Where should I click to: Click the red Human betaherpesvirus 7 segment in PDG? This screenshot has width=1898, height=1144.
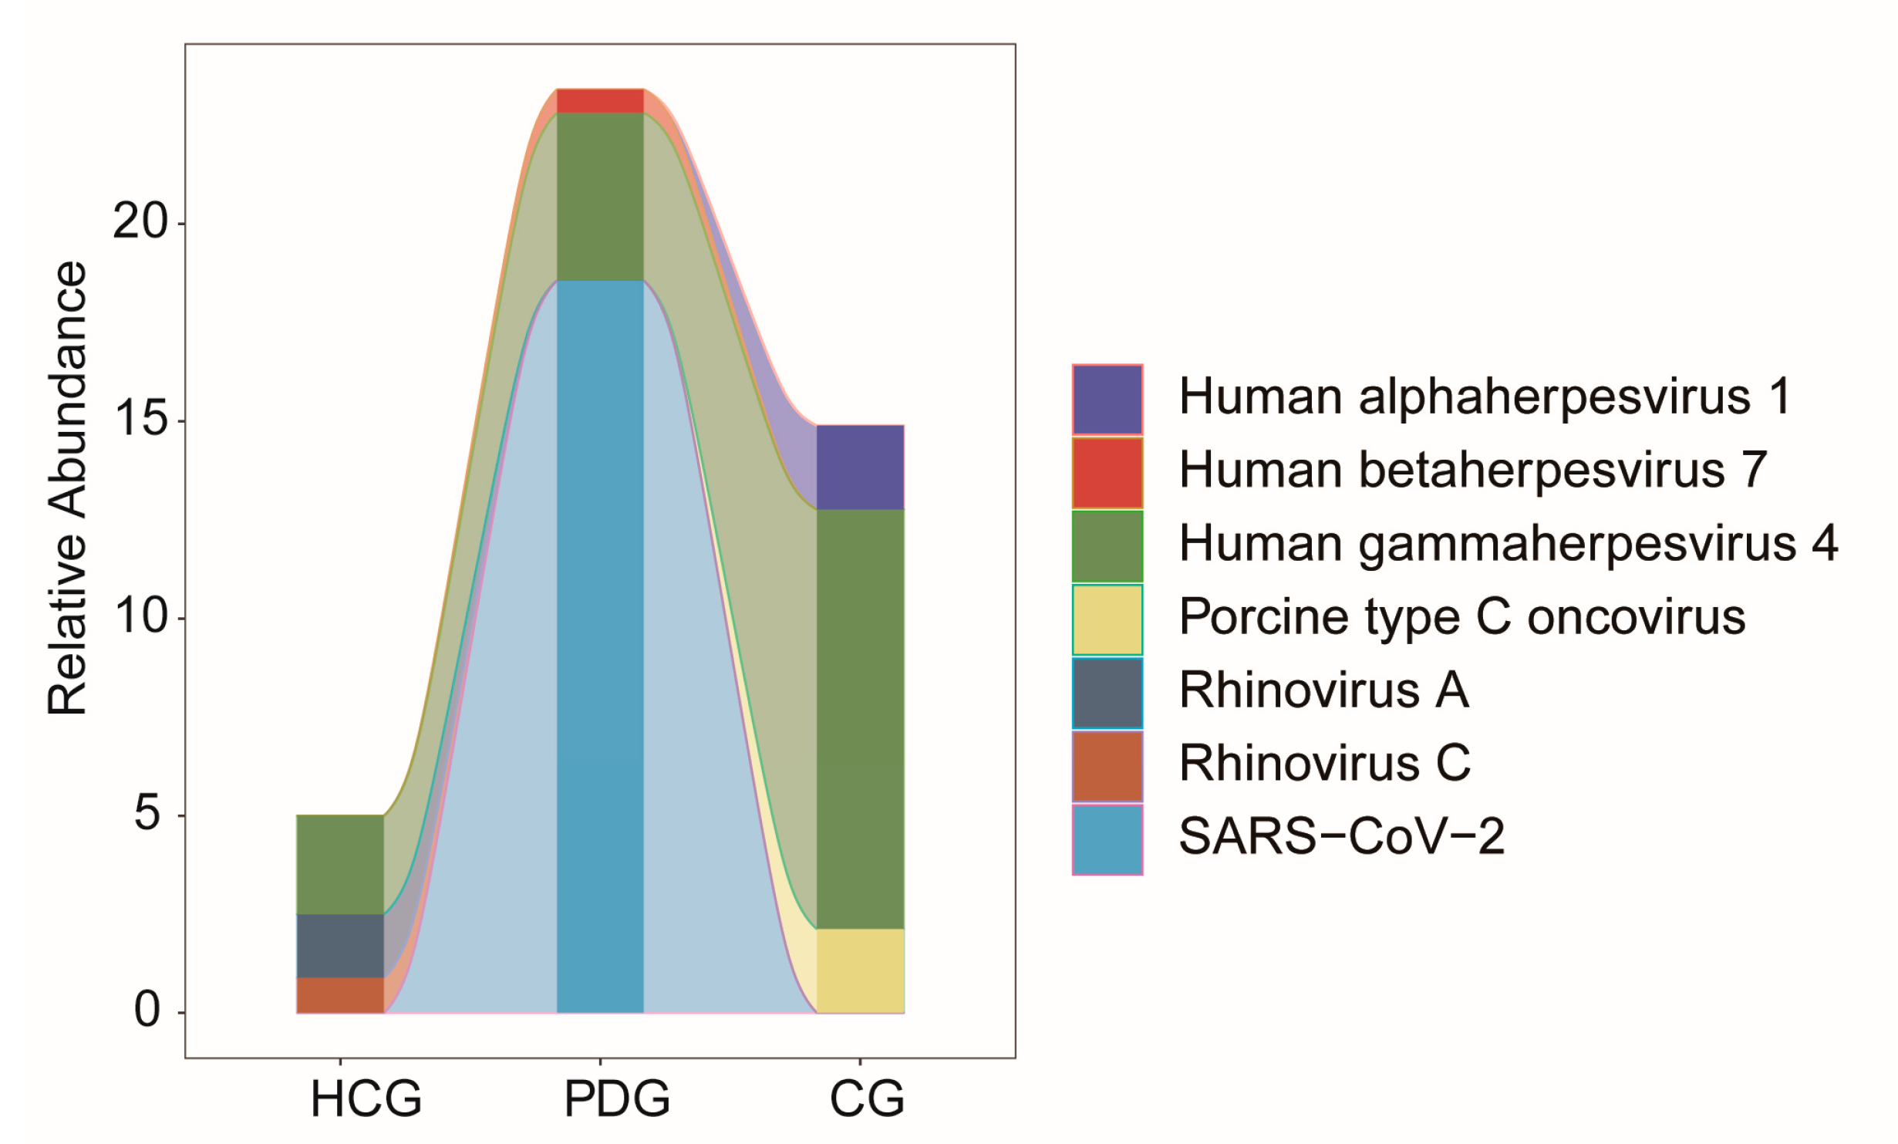tap(600, 101)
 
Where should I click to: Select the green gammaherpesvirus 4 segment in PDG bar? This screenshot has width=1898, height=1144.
tap(600, 197)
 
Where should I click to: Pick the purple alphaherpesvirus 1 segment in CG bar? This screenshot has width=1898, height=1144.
tap(860, 467)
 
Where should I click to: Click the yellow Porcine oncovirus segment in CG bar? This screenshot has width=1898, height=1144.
tap(860, 970)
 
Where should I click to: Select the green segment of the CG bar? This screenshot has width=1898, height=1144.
tap(860, 719)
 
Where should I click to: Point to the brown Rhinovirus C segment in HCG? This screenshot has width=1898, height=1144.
tap(340, 995)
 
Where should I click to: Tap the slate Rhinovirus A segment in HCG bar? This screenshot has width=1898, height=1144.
tap(340, 946)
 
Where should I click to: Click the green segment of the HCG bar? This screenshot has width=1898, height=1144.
tap(340, 865)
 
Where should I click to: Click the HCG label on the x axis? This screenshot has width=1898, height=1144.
tap(366, 1098)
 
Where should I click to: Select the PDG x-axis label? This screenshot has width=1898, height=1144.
tap(617, 1098)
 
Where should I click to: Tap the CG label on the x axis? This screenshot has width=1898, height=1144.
tap(867, 1098)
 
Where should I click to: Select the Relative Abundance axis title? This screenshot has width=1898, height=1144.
tap(68, 489)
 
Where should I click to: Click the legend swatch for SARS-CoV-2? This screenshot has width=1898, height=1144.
tap(1107, 840)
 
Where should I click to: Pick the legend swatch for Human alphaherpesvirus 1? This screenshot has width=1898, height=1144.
tap(1107, 399)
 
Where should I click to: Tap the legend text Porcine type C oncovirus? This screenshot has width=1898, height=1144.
tap(1461, 617)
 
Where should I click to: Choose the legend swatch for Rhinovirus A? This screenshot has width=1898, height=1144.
tap(1107, 693)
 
